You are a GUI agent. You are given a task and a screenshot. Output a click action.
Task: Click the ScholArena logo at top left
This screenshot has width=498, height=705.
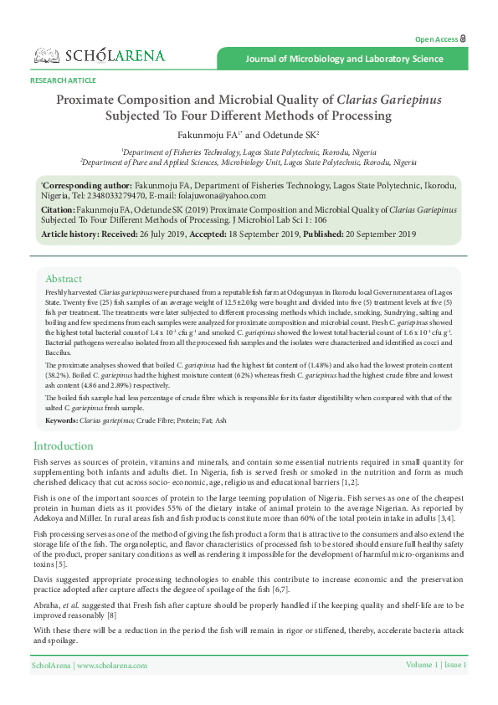coord(99,56)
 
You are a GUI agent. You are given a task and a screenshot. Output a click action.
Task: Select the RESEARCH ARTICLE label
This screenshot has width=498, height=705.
coord(63,80)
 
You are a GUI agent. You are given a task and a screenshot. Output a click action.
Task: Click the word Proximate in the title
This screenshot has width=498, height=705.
coord(92,99)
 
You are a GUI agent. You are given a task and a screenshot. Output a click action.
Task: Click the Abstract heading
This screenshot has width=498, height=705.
coord(64,279)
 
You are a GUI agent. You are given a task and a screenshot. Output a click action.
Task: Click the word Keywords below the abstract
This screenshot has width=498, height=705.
coord(61,419)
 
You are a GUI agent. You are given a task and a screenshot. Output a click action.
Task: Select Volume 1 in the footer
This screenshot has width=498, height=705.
coord(422,665)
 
